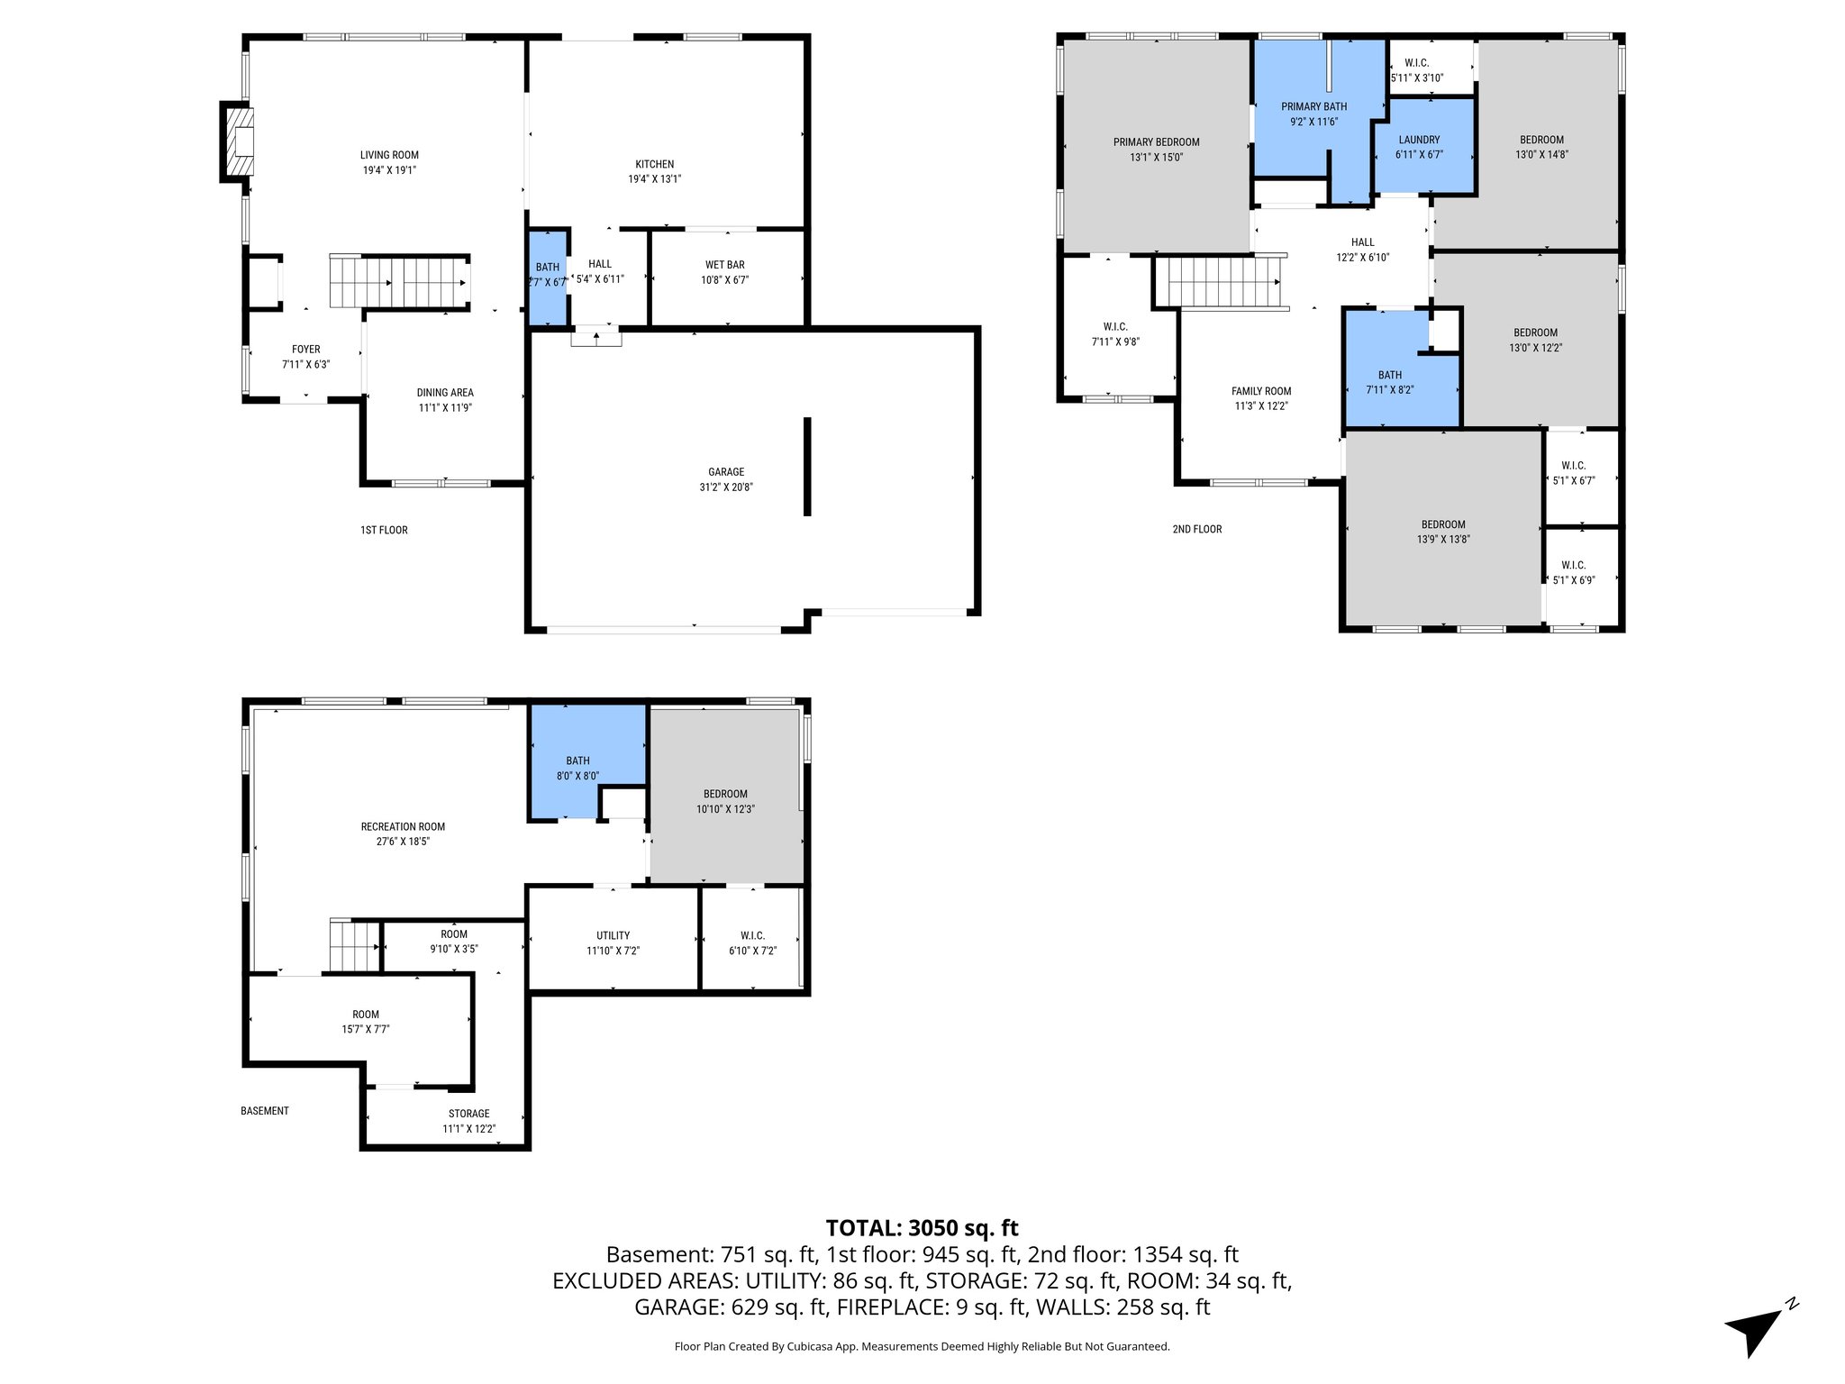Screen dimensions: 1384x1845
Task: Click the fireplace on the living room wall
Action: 239,141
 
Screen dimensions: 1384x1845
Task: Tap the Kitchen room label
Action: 654,164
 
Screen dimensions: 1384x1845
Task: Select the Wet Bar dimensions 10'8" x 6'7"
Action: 725,280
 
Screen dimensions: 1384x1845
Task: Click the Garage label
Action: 726,471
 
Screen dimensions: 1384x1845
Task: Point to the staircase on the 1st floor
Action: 398,282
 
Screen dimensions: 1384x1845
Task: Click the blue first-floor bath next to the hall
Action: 547,277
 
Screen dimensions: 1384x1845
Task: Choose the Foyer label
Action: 305,350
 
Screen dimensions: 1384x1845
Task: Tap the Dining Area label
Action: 445,393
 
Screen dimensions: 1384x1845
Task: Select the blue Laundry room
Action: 1422,146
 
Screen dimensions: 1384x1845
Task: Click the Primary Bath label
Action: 1313,106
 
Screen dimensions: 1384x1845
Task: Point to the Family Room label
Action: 1261,391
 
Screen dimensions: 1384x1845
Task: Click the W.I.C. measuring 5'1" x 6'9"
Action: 1573,573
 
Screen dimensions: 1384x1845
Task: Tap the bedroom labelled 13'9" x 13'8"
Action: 1443,532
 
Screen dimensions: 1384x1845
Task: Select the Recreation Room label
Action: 403,826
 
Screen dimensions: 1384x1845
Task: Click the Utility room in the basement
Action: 613,942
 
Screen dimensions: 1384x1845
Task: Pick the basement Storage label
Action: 468,1114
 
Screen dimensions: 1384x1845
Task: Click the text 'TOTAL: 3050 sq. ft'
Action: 922,1227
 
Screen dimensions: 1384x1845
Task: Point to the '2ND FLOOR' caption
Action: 1196,529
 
